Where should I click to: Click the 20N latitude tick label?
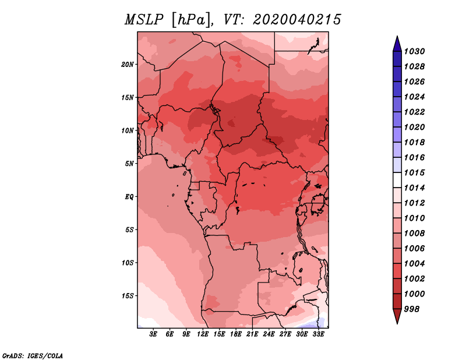tap(128, 65)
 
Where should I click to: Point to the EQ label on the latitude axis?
tap(129, 197)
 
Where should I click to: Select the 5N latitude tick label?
tap(129, 164)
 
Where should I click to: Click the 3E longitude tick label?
tap(153, 334)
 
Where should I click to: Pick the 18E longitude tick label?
tap(236, 334)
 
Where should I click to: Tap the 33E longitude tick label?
tap(318, 334)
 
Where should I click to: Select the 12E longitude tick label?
tap(203, 334)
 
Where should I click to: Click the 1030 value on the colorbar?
tap(414, 51)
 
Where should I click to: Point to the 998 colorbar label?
tap(412, 309)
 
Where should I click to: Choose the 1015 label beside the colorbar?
tap(414, 172)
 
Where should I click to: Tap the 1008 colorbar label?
tap(414, 234)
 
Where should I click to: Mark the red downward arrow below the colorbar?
tap(397, 316)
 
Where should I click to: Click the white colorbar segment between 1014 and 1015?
tap(397, 180)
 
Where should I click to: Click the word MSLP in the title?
tap(144, 20)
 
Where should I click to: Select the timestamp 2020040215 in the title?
tap(297, 20)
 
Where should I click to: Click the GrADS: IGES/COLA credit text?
tap(33, 356)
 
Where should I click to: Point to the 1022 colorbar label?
tap(414, 112)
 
